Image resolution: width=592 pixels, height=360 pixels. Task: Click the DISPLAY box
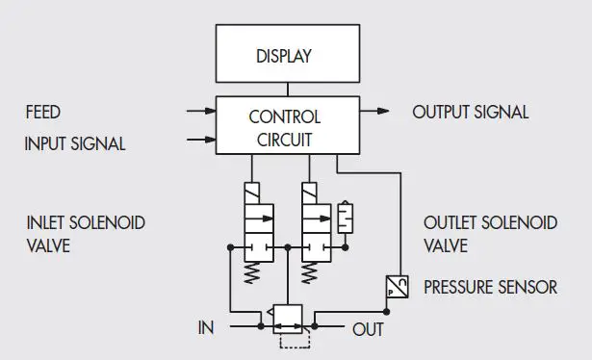283,55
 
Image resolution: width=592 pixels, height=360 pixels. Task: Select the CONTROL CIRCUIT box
283,128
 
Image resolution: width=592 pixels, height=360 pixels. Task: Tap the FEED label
42,113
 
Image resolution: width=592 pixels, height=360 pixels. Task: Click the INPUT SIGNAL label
75,144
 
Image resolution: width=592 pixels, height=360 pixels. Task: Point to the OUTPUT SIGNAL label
471,112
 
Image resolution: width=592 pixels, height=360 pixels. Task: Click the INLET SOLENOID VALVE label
86,234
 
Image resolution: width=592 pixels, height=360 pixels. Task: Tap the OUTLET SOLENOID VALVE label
490,234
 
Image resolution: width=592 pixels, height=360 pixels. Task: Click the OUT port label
367,329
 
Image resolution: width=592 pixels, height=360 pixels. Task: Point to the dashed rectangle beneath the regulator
291,339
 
